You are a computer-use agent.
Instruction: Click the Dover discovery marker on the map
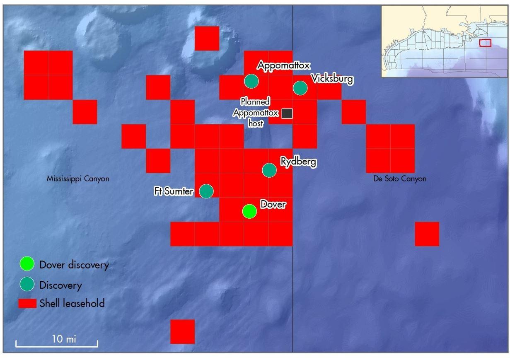pyautogui.click(x=249, y=211)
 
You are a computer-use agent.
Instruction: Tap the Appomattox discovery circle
pyautogui.click(x=251, y=81)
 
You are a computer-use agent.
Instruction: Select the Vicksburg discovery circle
pyautogui.click(x=300, y=88)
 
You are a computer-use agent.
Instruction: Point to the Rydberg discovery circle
pyautogui.click(x=270, y=170)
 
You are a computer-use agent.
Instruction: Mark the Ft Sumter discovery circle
pyautogui.click(x=206, y=191)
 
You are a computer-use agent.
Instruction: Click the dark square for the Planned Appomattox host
pyautogui.click(x=287, y=114)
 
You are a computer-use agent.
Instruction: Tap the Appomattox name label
pyautogui.click(x=284, y=65)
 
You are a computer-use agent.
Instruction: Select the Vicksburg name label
pyautogui.click(x=332, y=79)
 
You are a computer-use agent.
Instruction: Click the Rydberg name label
pyautogui.click(x=298, y=161)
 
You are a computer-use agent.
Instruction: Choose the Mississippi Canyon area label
pyautogui.click(x=78, y=179)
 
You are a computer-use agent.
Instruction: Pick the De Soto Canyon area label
pyautogui.click(x=399, y=179)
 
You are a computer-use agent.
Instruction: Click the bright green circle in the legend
pyautogui.click(x=27, y=264)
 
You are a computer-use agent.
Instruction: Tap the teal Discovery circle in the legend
pyautogui.click(x=27, y=285)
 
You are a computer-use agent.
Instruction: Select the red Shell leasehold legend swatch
pyautogui.click(x=27, y=303)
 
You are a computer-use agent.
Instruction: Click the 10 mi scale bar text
pyautogui.click(x=64, y=339)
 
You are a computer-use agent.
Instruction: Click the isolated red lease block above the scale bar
pyautogui.click(x=182, y=331)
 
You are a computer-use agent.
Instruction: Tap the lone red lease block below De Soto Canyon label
pyautogui.click(x=427, y=234)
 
